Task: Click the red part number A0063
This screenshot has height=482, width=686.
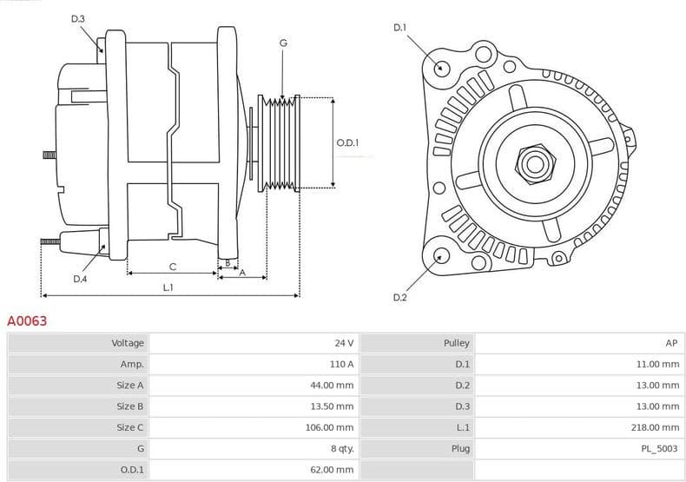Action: point(27,321)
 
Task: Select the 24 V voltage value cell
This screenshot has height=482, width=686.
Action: point(344,343)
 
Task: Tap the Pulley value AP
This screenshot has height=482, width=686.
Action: point(671,343)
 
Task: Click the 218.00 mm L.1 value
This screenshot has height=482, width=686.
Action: point(656,427)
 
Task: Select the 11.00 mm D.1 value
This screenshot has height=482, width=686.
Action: point(657,364)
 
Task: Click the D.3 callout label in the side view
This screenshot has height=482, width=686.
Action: point(78,18)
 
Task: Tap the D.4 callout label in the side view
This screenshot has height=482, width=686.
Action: point(80,279)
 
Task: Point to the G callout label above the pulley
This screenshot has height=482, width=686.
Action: point(283,43)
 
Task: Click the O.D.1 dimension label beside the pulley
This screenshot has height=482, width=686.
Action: point(347,142)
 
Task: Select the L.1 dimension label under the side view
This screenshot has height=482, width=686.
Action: point(168,287)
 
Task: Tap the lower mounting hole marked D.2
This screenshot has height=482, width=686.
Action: point(441,255)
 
